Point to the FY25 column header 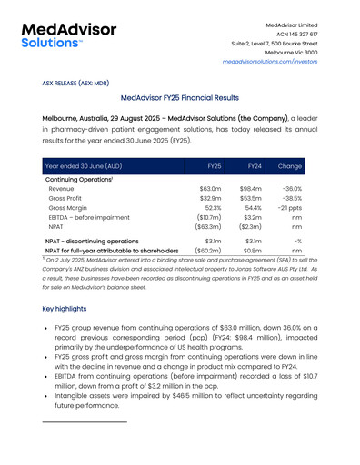[x=215, y=166]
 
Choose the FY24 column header [x=255, y=166]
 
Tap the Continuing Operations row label [x=79, y=178]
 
